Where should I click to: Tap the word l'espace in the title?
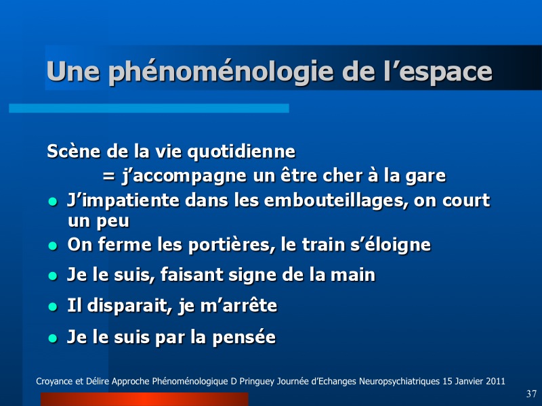438,72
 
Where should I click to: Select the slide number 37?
531,394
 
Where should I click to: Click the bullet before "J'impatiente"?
53,202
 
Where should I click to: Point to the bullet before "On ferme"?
53,246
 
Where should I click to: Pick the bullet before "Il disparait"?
53,307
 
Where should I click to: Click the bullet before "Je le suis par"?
53,338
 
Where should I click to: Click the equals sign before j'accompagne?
108,177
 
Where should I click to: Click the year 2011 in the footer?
495,382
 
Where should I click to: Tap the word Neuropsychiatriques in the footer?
399,382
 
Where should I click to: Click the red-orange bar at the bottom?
144,399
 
